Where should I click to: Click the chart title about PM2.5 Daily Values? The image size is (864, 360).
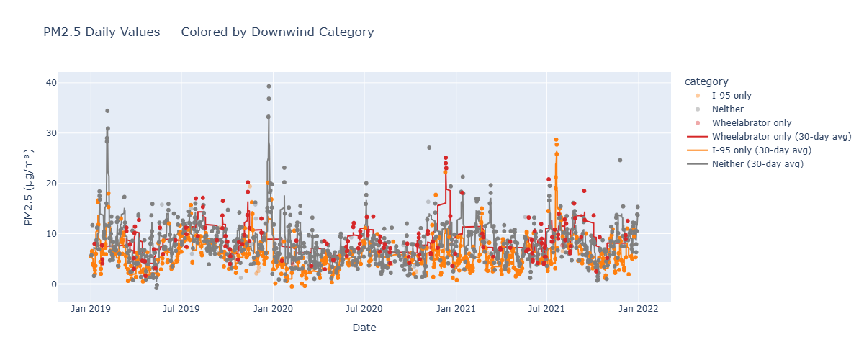coord(209,32)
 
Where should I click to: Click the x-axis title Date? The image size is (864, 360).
coord(364,328)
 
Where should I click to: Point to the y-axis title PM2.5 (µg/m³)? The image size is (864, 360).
coord(29,187)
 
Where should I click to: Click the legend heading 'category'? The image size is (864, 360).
coord(706,81)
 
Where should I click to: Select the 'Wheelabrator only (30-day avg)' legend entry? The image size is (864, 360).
coord(763,137)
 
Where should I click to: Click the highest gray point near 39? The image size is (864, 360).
coord(269,86)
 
